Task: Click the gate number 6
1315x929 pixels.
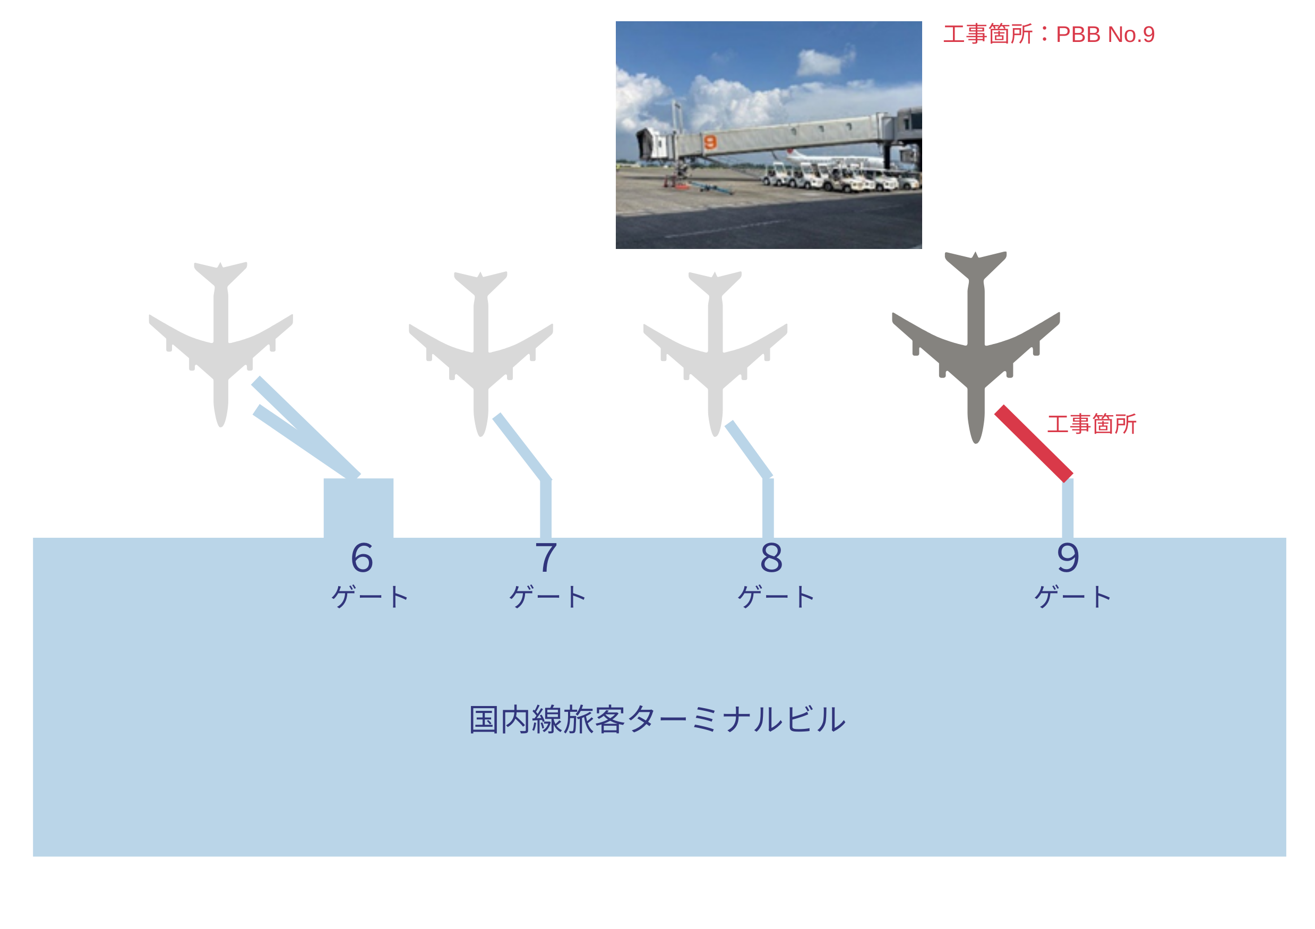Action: coord(362,558)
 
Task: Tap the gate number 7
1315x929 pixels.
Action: coord(546,558)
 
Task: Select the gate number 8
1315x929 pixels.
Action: coord(771,558)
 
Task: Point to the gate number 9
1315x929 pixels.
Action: coord(1068,558)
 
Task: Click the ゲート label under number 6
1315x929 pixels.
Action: coord(370,597)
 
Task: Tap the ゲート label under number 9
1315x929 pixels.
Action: coord(1073,597)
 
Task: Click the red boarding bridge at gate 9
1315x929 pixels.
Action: coord(1034,444)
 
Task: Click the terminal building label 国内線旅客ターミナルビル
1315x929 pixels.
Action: coord(657,720)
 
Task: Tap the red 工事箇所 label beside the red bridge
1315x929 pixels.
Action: coord(1091,424)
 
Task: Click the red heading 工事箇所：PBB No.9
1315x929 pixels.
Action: coord(1048,35)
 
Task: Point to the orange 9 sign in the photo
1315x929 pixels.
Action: coord(710,141)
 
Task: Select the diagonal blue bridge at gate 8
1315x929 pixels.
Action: coord(749,450)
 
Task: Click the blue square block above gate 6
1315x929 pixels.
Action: coord(358,507)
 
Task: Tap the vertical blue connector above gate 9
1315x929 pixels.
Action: coord(1068,509)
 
